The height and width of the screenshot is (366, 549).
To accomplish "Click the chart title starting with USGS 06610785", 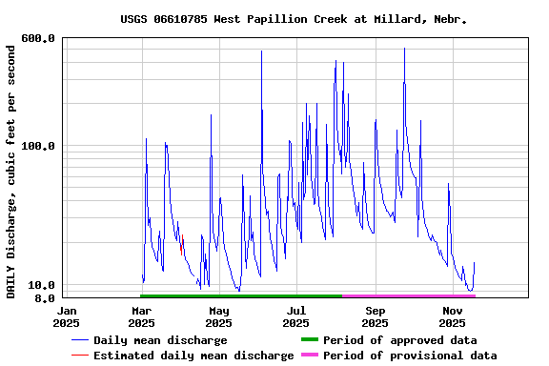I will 294,18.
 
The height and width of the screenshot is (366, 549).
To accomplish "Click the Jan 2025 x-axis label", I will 67,316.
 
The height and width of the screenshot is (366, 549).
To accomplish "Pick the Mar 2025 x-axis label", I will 141,316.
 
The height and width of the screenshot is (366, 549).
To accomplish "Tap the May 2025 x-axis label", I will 218,316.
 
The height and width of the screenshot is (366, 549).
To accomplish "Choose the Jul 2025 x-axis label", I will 296,316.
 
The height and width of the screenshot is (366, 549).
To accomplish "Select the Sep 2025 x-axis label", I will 375,316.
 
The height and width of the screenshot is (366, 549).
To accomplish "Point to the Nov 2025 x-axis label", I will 453,316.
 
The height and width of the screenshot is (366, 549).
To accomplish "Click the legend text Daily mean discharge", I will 160,340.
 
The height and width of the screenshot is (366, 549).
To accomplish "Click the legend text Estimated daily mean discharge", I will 193,356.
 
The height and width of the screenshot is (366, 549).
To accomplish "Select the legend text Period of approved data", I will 400,340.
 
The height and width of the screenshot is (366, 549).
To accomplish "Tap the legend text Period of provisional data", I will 410,356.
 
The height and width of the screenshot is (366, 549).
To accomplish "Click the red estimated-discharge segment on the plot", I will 181,249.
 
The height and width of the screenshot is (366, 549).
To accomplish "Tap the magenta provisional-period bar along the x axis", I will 410,296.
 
